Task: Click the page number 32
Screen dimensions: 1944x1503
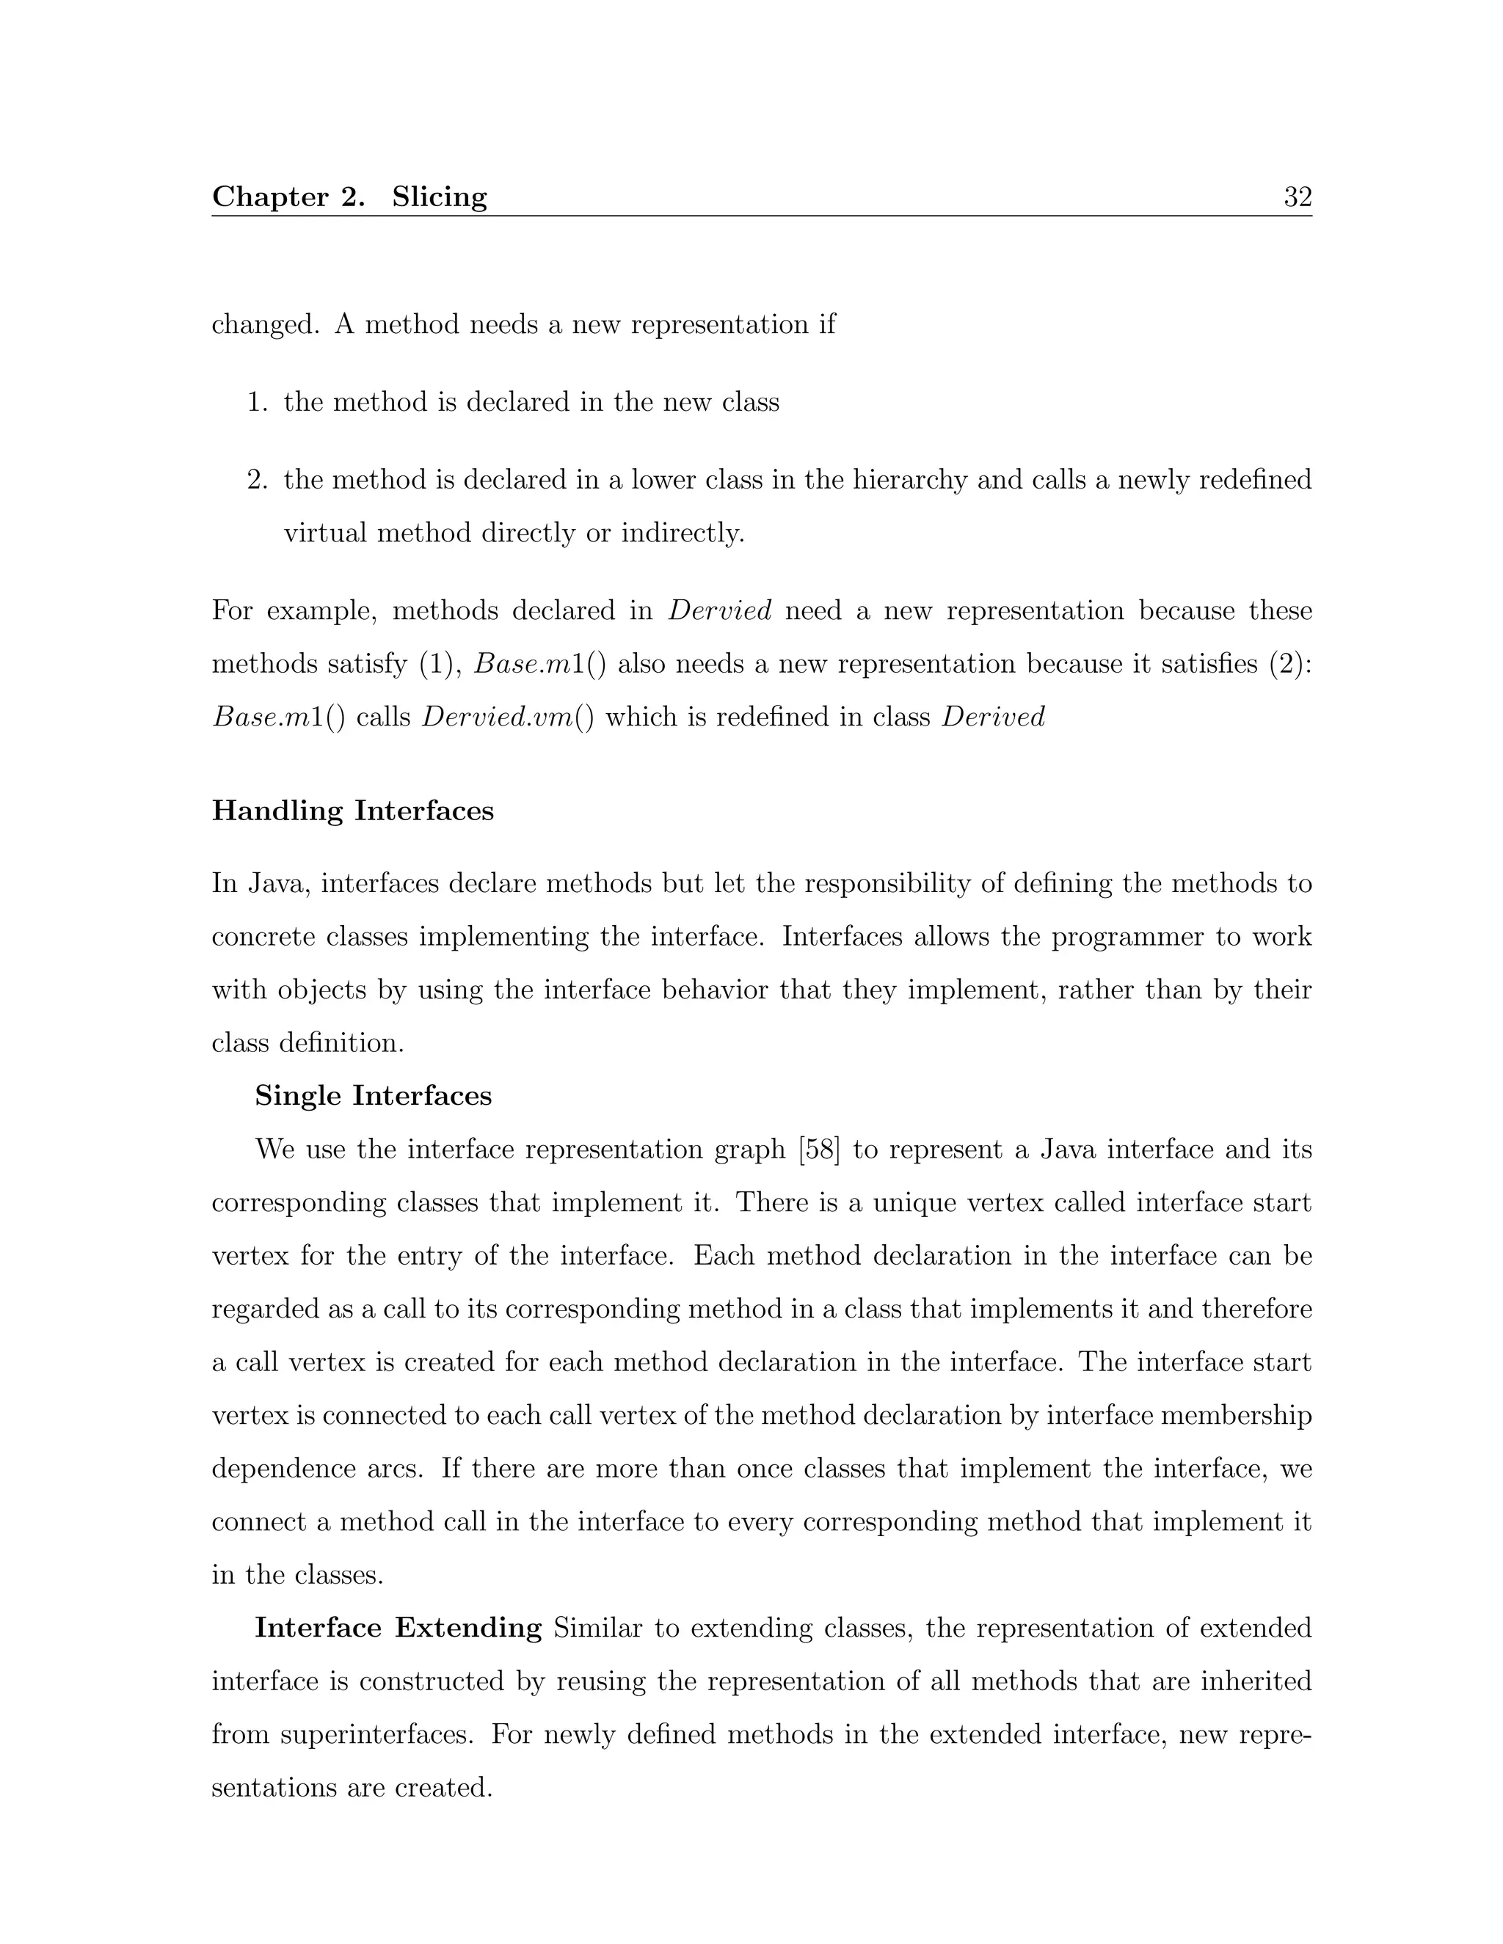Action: (1298, 197)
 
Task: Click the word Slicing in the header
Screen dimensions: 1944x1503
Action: (439, 197)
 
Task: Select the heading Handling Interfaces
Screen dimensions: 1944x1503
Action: (352, 811)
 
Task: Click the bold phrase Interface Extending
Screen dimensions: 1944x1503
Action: (398, 1627)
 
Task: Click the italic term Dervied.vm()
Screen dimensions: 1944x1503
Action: (508, 717)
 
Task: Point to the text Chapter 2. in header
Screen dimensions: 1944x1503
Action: (288, 197)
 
